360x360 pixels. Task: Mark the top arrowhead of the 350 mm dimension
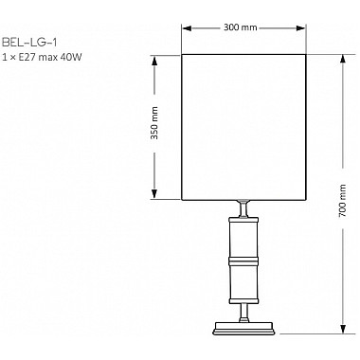tap(154, 58)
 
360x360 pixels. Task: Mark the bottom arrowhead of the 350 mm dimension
tap(154, 195)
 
